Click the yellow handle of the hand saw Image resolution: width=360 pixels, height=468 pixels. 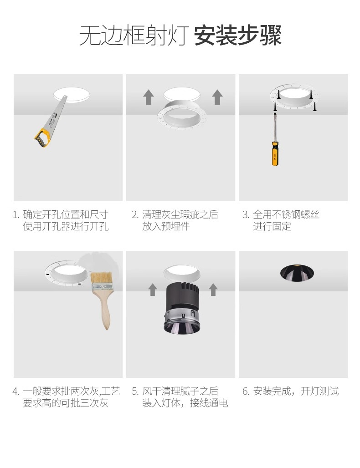tap(43, 138)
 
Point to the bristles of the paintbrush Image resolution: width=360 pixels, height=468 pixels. tap(102, 278)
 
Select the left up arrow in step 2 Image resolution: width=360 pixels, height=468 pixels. tap(149, 97)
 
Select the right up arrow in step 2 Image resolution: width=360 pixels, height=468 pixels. tap(217, 97)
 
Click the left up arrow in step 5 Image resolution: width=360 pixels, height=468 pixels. tap(153, 290)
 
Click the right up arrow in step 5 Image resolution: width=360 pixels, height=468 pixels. tap(213, 290)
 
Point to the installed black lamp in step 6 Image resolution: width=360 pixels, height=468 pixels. tap(297, 272)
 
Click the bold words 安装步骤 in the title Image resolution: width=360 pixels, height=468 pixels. tap(238, 36)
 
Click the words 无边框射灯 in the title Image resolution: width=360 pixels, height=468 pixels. tap(134, 36)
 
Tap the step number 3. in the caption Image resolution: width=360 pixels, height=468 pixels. tap(246, 214)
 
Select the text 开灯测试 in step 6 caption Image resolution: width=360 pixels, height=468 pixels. tap(319, 391)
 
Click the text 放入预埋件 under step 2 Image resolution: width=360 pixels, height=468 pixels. tap(166, 226)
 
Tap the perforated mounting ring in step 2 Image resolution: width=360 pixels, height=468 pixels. tap(182, 115)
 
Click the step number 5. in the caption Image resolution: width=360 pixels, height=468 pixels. tap(135, 392)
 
